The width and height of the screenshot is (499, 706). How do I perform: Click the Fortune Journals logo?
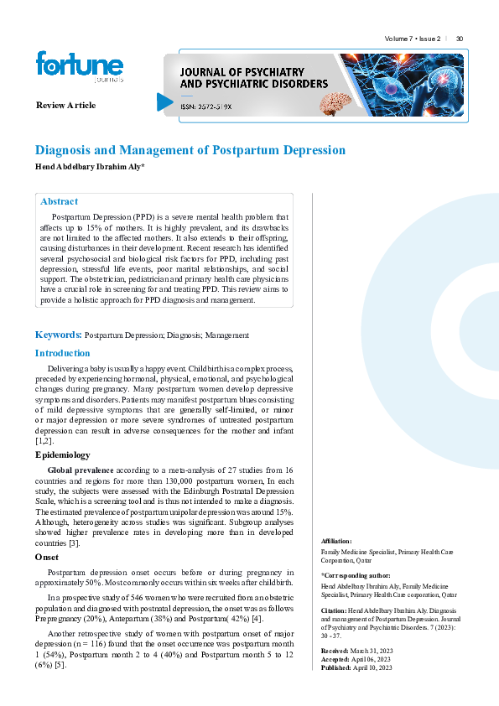pyautogui.click(x=79, y=66)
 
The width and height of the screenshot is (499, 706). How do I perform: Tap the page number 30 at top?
pyautogui.click(x=460, y=39)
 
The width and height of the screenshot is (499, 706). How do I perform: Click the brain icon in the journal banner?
pyautogui.click(x=338, y=101)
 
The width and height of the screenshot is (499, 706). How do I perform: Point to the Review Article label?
pyautogui.click(x=65, y=105)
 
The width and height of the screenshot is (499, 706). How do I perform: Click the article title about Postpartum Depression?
pyautogui.click(x=190, y=150)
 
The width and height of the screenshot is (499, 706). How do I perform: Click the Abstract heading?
pyautogui.click(x=60, y=201)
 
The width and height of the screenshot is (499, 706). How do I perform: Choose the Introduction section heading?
pyautogui.click(x=63, y=353)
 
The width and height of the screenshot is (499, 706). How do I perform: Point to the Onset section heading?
pyautogui.click(x=46, y=556)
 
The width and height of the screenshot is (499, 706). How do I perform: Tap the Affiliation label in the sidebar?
pyautogui.click(x=337, y=542)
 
